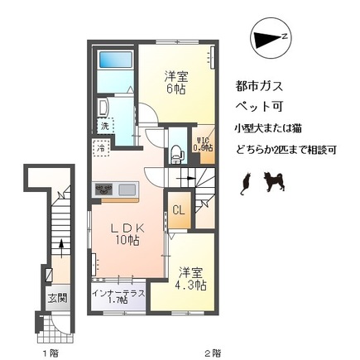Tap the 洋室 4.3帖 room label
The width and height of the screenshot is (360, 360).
coord(190,276)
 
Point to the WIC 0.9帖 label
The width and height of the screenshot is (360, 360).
coord(203,143)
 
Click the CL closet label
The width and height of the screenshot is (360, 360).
coord(179,212)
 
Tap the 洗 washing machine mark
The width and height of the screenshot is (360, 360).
coord(105,126)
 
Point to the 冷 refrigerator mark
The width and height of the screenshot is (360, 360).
coord(100,148)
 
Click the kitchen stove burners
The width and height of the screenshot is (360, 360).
coord(105,190)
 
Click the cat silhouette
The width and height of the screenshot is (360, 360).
coord(244,184)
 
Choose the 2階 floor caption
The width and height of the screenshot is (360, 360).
coord(214,352)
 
